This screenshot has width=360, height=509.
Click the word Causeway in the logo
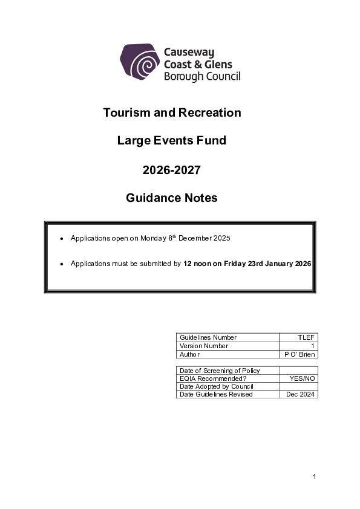[189, 53]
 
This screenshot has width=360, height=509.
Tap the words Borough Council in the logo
[202, 76]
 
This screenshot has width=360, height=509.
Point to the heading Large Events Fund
[171, 140]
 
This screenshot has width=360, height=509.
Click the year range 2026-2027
[171, 170]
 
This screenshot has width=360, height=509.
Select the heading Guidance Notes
[171, 198]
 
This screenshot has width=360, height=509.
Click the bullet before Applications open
[62, 239]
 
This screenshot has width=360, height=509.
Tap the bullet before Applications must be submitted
[62, 264]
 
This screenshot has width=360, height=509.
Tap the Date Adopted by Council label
[216, 386]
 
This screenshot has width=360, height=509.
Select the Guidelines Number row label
[208, 337]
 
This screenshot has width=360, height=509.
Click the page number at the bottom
[315, 477]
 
